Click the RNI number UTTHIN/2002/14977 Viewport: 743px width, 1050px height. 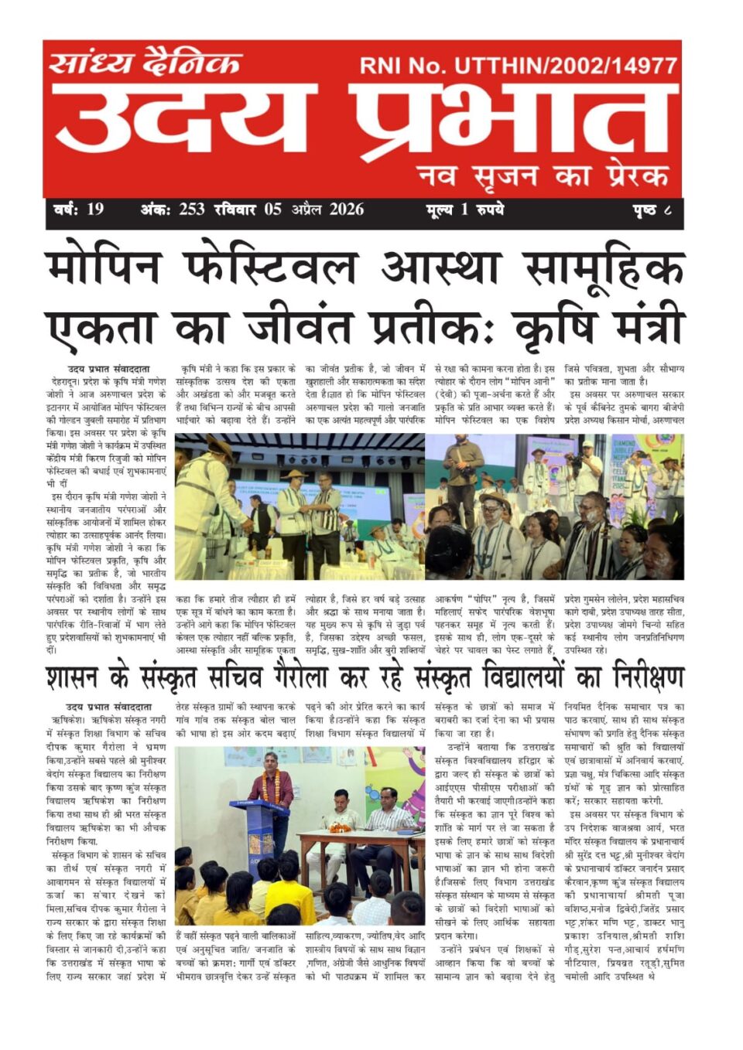click(565, 66)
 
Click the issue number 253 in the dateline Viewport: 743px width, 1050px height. click(191, 209)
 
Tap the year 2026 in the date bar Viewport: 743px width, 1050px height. click(346, 209)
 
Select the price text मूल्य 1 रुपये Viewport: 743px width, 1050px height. click(464, 209)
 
